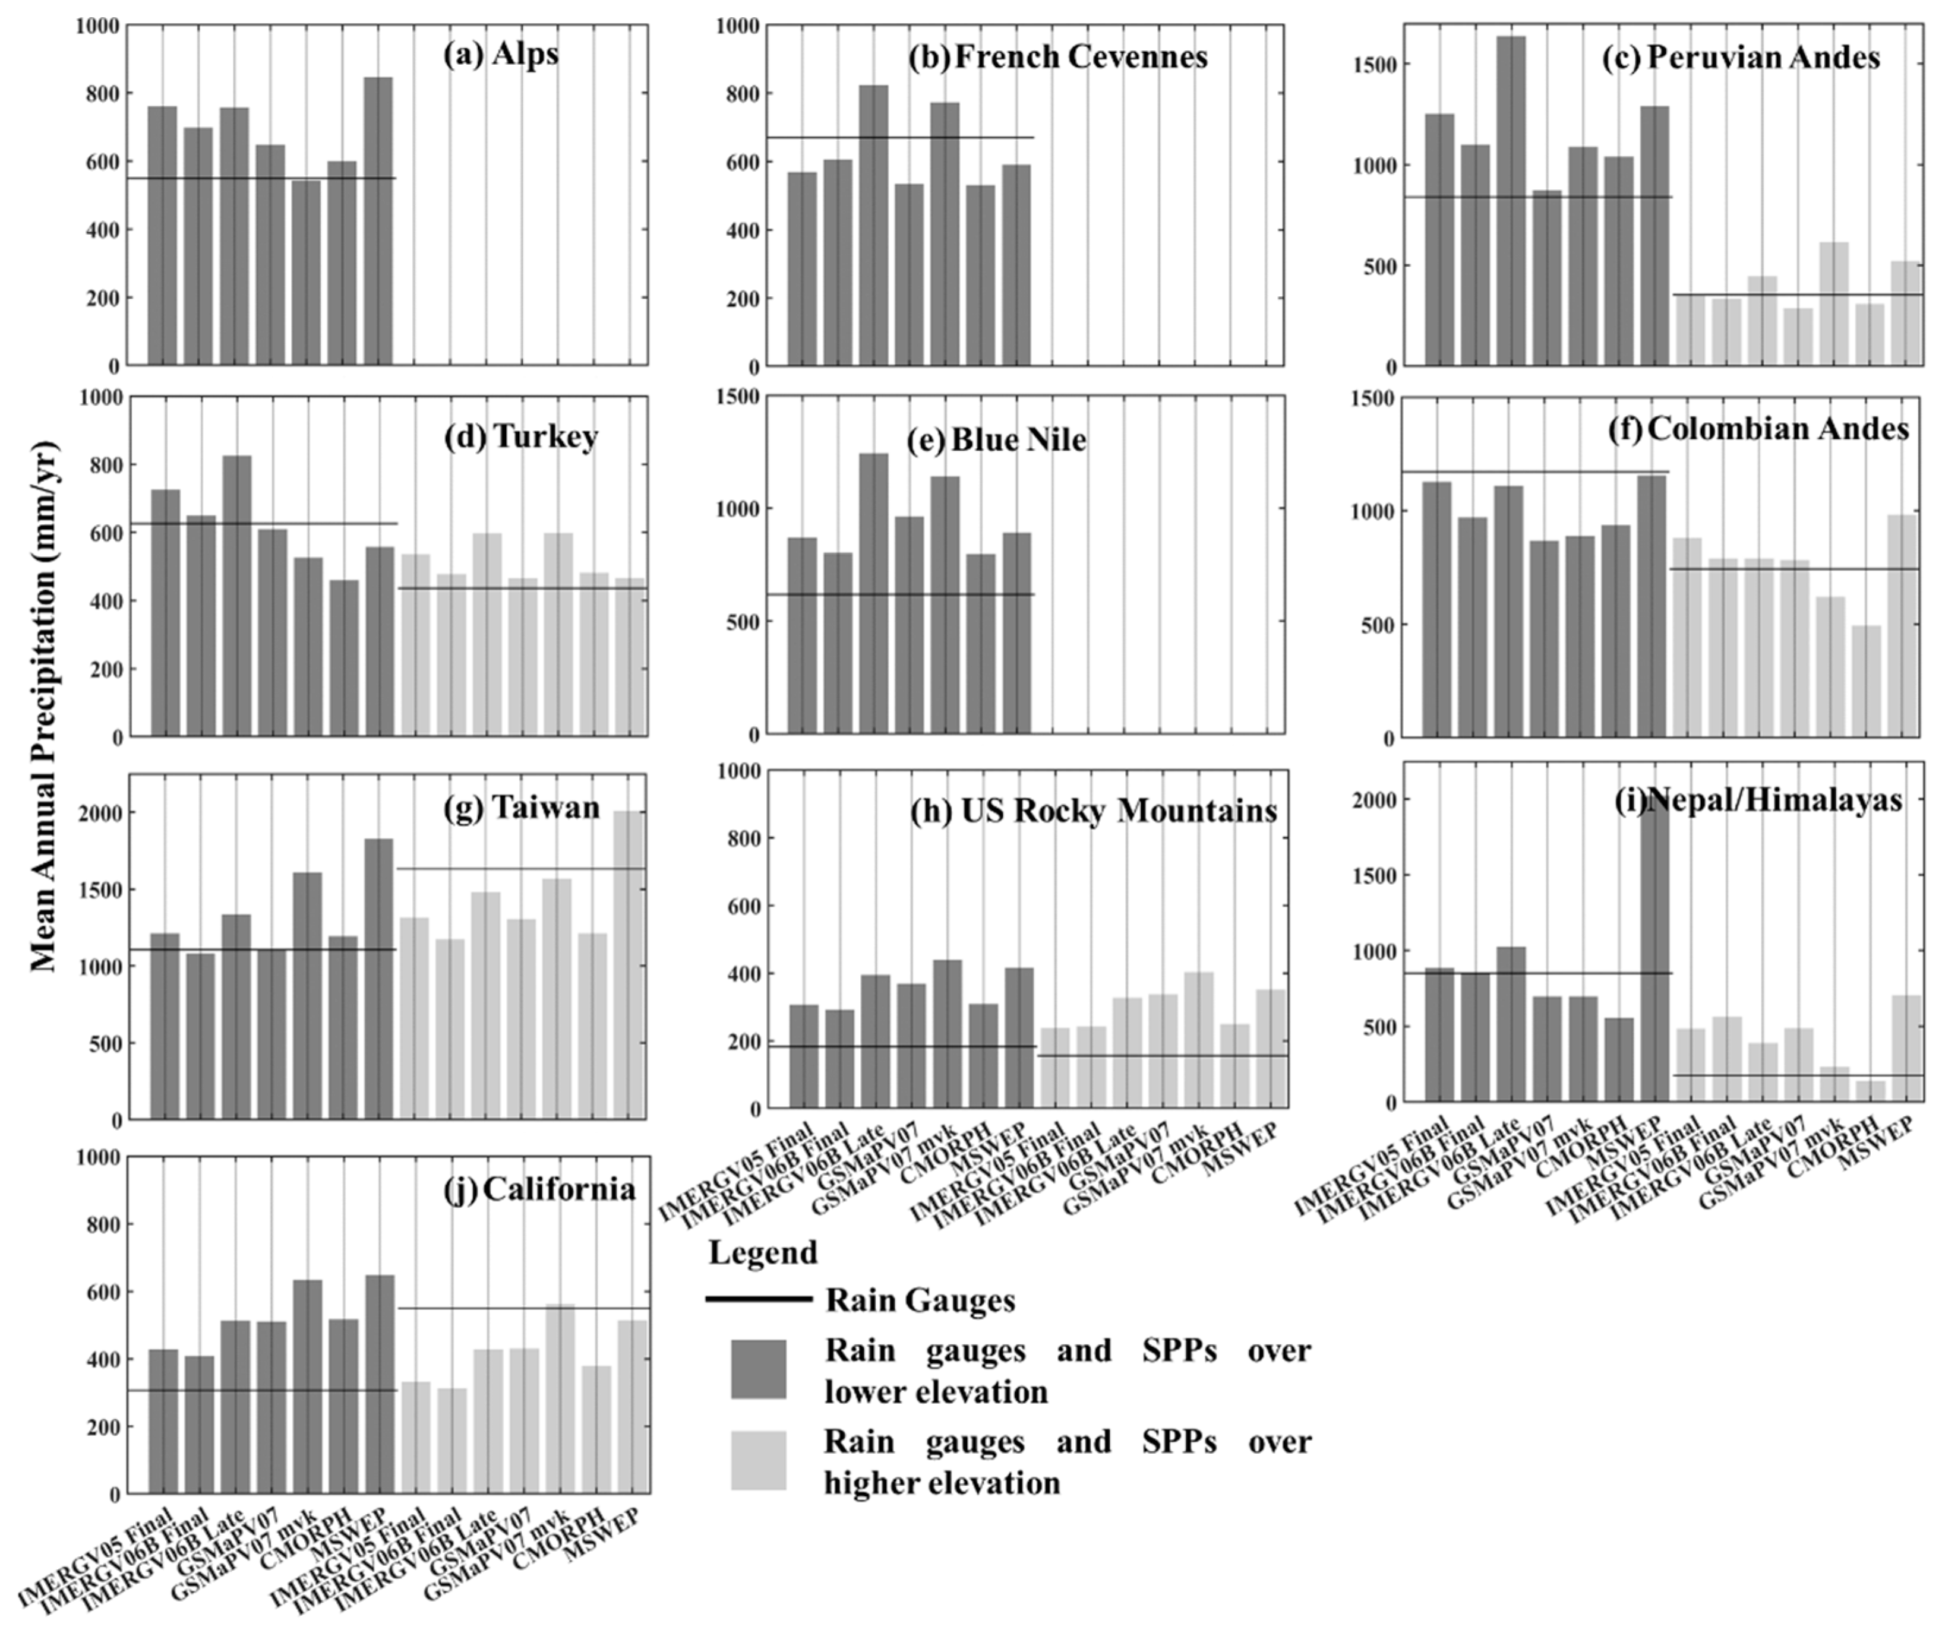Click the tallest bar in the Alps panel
pyautogui.click(x=377, y=222)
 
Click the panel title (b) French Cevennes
pyautogui.click(x=1057, y=58)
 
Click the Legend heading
pyautogui.click(x=763, y=1253)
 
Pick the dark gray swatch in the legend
pyautogui.click(x=758, y=1369)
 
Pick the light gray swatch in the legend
pyautogui.click(x=758, y=1461)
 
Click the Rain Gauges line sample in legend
pyautogui.click(x=758, y=1299)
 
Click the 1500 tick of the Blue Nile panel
pyautogui.click(x=739, y=397)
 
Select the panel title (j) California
pyautogui.click(x=540, y=1189)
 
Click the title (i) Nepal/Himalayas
pyautogui.click(x=1758, y=800)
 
